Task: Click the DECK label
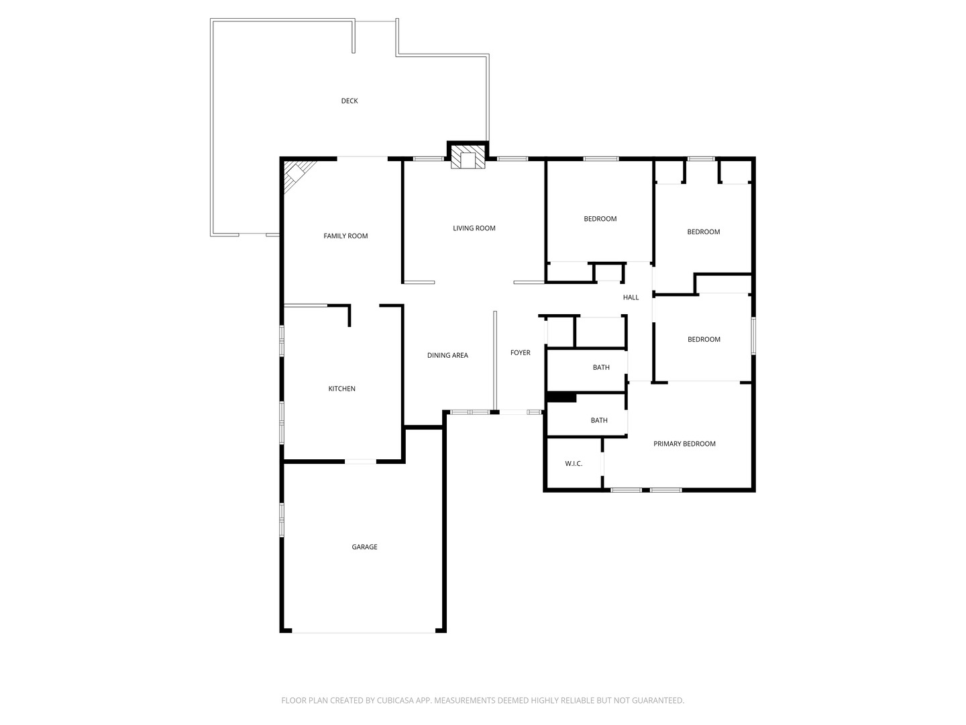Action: pos(350,101)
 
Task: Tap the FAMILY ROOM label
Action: pos(345,236)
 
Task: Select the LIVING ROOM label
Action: pos(474,228)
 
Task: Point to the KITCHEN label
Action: pos(341,389)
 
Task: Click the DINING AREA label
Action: pos(447,355)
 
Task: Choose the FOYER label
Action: pos(521,352)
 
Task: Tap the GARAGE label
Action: pos(364,547)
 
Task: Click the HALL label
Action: pos(631,297)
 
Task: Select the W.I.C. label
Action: pos(574,463)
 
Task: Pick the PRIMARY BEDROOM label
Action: pos(684,444)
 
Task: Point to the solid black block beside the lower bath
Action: pos(561,397)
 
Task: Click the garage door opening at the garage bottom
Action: pos(364,631)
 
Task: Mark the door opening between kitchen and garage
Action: pos(361,461)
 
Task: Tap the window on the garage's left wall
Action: pos(282,520)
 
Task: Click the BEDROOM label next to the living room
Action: pos(600,219)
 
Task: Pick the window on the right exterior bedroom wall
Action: pos(753,336)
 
